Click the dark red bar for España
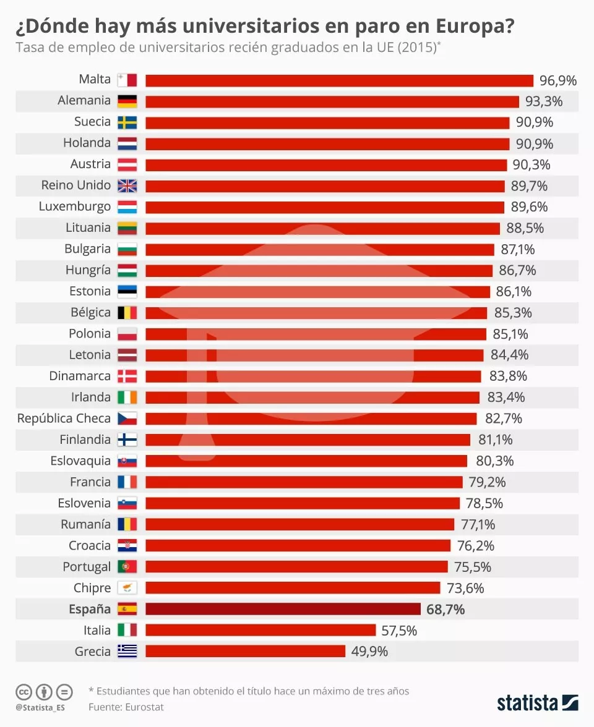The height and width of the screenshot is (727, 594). click(283, 609)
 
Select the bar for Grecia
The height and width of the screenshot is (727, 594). click(245, 651)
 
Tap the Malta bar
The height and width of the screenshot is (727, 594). click(339, 80)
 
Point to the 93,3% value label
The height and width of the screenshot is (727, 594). click(544, 101)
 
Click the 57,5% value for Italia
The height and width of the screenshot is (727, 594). click(399, 631)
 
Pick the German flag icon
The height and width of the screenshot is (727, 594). click(127, 101)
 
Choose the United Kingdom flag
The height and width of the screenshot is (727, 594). click(127, 185)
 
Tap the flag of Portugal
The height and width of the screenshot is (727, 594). click(127, 567)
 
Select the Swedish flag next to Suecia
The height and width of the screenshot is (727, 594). click(127, 122)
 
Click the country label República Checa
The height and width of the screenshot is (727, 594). click(64, 419)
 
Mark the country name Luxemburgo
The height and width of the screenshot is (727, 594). click(75, 206)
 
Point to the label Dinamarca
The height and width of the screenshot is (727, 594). click(80, 376)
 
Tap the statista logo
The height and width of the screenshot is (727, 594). click(537, 703)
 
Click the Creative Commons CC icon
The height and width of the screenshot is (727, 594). click(24, 692)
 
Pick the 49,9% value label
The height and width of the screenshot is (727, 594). click(369, 652)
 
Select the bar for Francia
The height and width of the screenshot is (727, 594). click(304, 482)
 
